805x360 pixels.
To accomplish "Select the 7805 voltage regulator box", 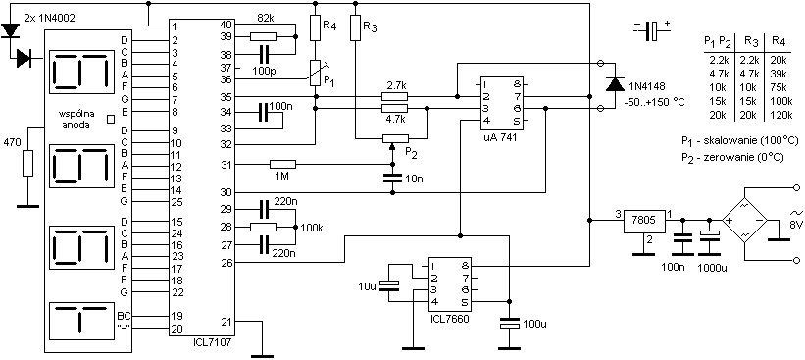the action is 645,221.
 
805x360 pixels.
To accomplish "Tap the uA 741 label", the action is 501,138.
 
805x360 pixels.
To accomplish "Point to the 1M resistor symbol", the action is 283,165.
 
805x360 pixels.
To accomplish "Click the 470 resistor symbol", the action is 27,163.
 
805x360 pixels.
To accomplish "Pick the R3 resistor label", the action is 370,27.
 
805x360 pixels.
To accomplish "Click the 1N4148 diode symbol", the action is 615,83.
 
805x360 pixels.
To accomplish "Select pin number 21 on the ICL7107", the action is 226,322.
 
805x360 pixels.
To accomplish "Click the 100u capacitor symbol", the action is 509,324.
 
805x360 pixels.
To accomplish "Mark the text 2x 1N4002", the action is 49,18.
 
